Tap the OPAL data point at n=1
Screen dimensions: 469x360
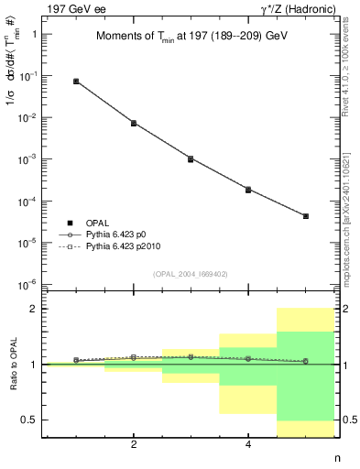coord(76,82)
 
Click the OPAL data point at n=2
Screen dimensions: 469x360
coord(134,123)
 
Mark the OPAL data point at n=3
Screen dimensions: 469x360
coord(191,158)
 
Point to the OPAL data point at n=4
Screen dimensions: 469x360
coord(248,190)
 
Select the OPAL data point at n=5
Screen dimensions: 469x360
coord(305,216)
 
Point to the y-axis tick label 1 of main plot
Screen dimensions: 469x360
coord(34,35)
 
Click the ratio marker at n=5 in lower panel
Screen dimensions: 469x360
coord(305,361)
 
